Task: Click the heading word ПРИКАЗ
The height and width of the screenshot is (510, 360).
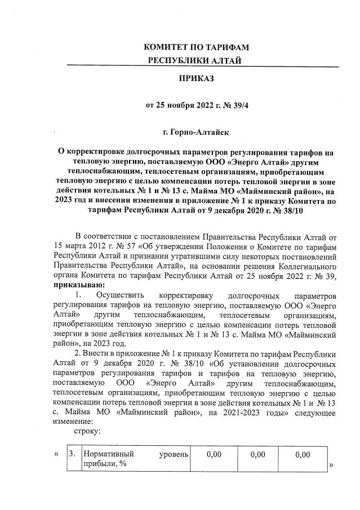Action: pyautogui.click(x=196, y=80)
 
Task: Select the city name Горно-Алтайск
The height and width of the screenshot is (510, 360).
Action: pyautogui.click(x=201, y=133)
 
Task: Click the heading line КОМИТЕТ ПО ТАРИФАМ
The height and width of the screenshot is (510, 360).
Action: pyautogui.click(x=196, y=46)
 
